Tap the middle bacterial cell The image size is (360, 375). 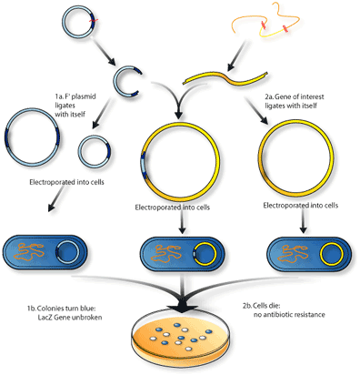[178, 252]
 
